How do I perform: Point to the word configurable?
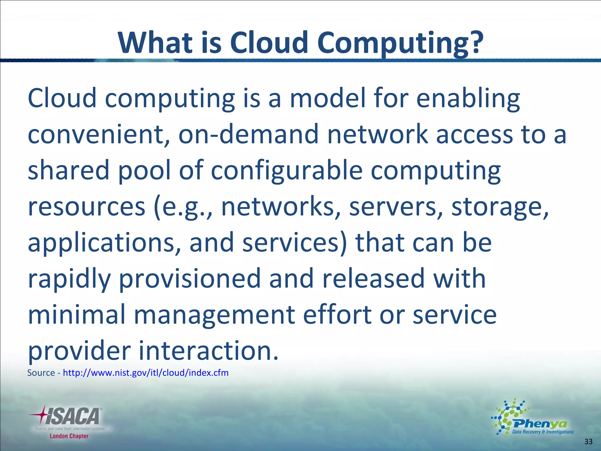pos(287,171)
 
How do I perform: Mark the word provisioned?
pos(189,279)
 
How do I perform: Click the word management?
pos(214,315)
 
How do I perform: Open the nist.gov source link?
pos(146,373)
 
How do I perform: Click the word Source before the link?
pos(41,373)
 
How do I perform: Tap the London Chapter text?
pos(69,436)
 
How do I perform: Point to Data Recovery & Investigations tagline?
pos(543,432)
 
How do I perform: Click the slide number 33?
pos(588,442)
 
